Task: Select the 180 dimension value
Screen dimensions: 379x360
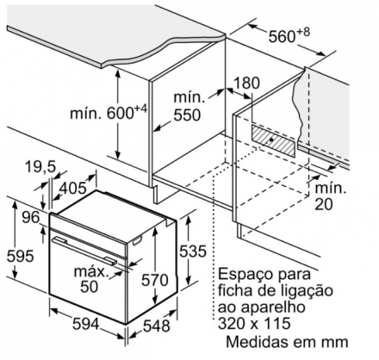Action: [x=247, y=83]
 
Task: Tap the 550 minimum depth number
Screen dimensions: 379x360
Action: [x=187, y=115]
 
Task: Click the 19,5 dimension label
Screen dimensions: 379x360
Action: [x=40, y=167]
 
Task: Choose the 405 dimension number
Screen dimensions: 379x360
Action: [x=73, y=188]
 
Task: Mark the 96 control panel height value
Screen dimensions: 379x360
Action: [x=31, y=218]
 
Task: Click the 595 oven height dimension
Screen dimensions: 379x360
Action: [x=21, y=256]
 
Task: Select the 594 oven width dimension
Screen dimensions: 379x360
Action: [x=86, y=324]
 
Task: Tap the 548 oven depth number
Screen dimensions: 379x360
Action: [x=157, y=326]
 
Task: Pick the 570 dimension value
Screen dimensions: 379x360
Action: [x=154, y=280]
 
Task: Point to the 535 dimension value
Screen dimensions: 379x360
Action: [x=193, y=251]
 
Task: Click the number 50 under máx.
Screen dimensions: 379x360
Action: [x=90, y=286]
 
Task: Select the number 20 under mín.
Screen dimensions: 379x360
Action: [x=324, y=204]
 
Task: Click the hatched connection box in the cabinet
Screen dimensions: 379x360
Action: [x=273, y=140]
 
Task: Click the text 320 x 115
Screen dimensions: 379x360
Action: [x=254, y=324]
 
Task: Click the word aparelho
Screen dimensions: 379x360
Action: [x=276, y=307]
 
